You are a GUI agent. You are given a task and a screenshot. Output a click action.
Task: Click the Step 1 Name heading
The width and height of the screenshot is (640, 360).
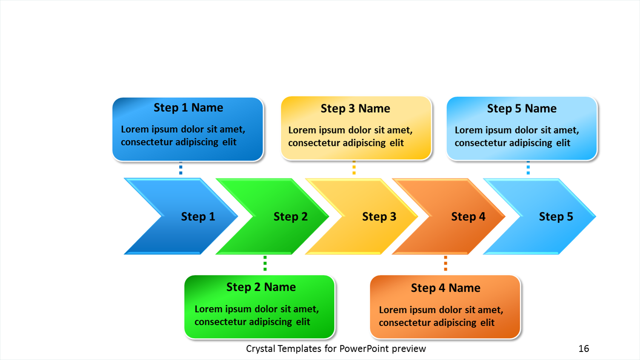click(188, 108)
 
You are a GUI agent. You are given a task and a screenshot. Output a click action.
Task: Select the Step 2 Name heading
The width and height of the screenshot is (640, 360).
click(261, 287)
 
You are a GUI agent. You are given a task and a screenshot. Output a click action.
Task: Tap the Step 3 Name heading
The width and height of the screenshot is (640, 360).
click(355, 109)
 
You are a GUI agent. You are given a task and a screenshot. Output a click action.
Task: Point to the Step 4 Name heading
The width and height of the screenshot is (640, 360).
click(446, 288)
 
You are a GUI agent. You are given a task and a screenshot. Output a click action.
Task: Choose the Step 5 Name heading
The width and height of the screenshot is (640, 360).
click(522, 109)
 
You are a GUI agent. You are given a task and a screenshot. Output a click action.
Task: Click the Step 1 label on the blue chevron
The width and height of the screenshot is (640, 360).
click(198, 217)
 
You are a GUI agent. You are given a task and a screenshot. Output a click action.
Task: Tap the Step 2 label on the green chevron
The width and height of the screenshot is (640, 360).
click(290, 217)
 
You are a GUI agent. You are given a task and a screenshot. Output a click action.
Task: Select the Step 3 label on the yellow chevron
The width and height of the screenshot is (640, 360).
click(379, 217)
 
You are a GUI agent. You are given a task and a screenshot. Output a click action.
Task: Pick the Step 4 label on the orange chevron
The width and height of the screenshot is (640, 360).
click(468, 217)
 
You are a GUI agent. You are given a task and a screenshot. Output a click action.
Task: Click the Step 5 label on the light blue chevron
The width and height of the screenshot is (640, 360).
click(556, 217)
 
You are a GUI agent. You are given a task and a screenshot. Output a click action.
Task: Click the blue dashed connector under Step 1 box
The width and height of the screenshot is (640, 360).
click(181, 170)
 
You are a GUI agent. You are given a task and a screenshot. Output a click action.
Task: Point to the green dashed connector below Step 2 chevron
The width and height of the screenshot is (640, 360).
click(265, 263)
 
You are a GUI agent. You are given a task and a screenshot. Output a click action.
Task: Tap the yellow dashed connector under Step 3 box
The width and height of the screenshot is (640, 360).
click(354, 169)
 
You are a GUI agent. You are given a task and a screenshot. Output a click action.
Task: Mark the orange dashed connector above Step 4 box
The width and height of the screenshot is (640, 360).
click(446, 263)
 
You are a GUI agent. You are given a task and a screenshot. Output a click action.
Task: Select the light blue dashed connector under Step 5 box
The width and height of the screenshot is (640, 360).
click(528, 169)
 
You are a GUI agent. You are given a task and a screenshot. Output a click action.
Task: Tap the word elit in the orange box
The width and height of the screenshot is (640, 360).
click(487, 323)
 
